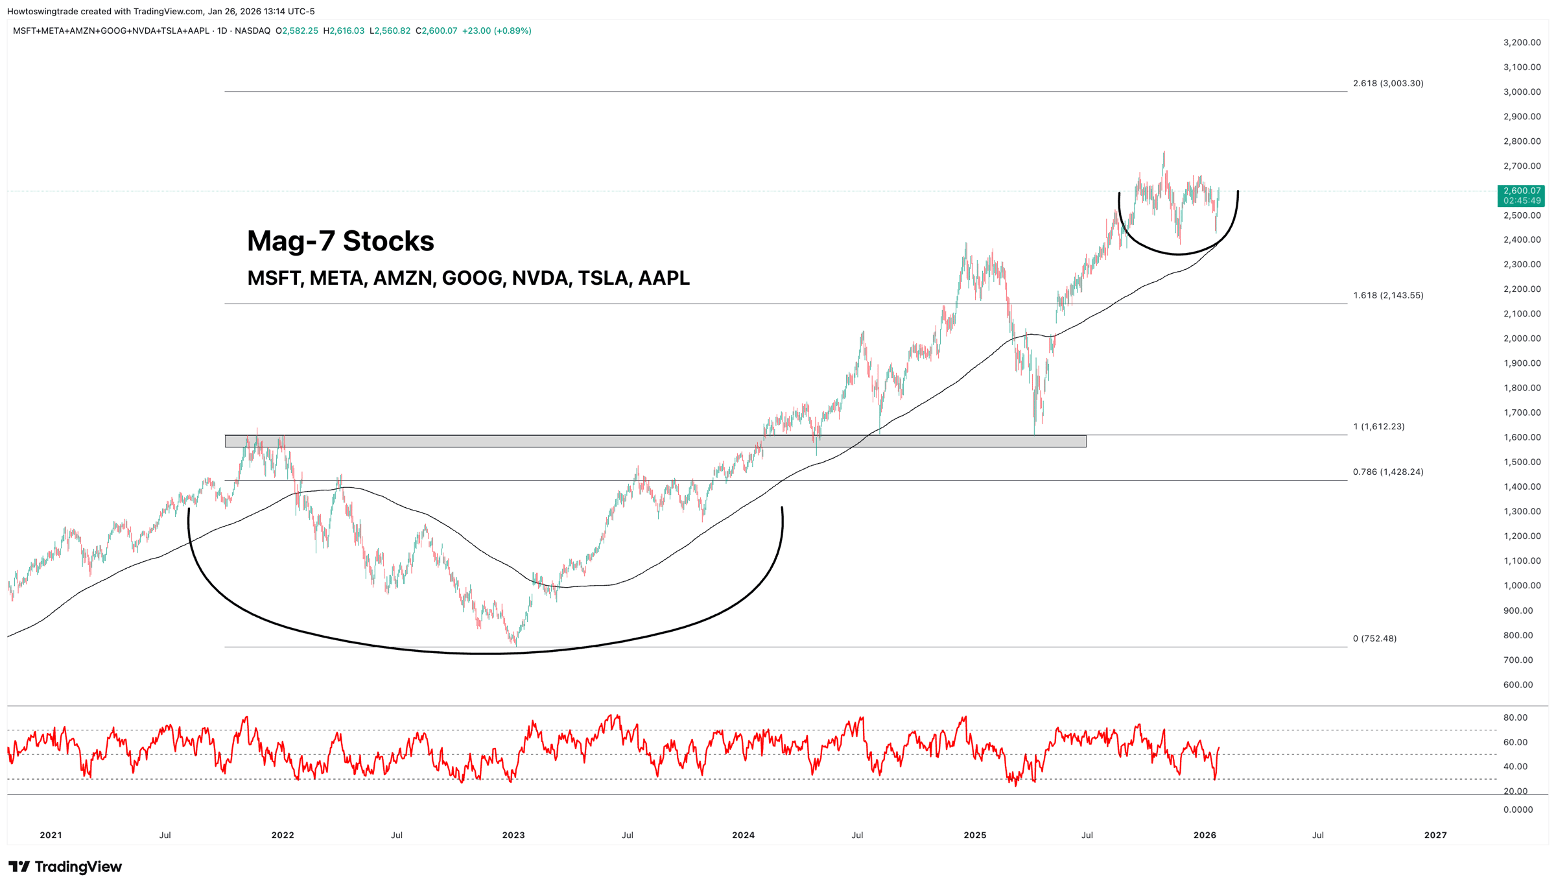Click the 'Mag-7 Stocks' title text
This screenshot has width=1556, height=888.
[x=340, y=241]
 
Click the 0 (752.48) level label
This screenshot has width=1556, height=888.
[x=1374, y=638]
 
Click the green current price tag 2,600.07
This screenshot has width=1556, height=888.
[x=1521, y=195]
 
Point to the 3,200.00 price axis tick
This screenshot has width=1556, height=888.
[x=1522, y=42]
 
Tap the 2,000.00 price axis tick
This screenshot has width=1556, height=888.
[x=1522, y=338]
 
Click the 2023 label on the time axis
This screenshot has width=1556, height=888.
[x=513, y=835]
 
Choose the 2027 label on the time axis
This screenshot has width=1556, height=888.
[x=1435, y=835]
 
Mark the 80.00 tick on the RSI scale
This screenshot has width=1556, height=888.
[x=1515, y=717]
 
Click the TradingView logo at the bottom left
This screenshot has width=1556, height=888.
[x=65, y=867]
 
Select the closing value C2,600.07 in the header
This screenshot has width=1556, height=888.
[x=436, y=30]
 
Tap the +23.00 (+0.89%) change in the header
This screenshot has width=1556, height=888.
[x=497, y=30]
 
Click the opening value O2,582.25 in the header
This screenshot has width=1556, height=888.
[x=297, y=30]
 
